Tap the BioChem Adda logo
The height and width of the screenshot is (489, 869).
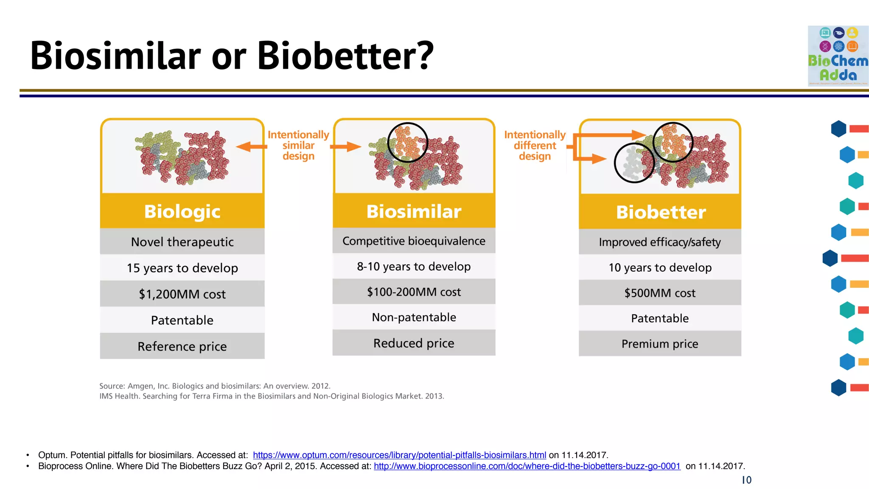[838, 56]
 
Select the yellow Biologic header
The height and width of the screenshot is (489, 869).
[182, 211]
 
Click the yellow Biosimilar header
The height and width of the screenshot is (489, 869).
[414, 211]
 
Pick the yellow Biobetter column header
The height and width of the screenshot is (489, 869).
[660, 212]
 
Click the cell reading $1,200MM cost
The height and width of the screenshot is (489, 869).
[182, 294]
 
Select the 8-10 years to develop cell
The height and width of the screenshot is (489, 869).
[414, 267]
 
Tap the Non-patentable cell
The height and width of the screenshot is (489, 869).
[414, 317]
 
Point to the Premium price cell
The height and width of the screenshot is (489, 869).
[660, 343]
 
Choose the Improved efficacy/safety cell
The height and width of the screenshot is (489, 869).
[660, 242]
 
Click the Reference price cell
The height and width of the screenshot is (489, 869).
[182, 346]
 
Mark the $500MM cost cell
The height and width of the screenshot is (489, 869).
[660, 293]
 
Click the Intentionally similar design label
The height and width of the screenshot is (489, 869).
[298, 145]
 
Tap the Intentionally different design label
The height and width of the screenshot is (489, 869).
[535, 145]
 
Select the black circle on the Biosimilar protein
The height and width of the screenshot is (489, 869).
[407, 143]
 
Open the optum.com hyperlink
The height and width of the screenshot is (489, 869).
[399, 455]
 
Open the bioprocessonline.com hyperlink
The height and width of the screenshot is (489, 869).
[527, 466]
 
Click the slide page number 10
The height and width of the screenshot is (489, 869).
[746, 480]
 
